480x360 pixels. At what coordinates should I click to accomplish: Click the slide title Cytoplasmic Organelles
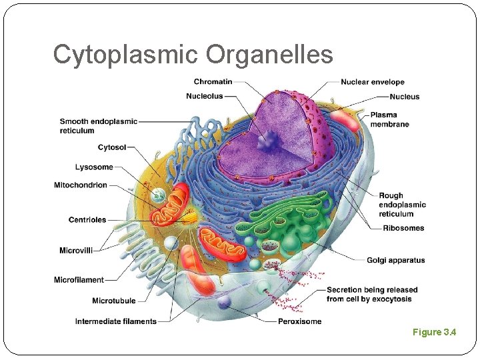pos(193,55)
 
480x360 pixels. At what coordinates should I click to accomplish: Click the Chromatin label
pos(213,82)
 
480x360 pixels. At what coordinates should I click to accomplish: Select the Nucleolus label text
pos(205,97)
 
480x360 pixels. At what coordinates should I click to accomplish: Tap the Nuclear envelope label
pos(373,82)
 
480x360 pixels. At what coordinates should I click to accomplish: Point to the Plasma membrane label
pos(390,119)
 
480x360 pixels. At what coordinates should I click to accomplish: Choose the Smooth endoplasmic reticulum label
pos(98,126)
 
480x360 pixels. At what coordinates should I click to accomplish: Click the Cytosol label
pos(112,147)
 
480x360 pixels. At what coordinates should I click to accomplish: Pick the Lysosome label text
pos(94,167)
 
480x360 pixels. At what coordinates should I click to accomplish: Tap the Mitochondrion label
pos(81,185)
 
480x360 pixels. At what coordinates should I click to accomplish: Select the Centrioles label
pos(87,220)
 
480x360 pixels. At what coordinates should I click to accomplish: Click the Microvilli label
pos(76,251)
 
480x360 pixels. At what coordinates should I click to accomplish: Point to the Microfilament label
pos(79,280)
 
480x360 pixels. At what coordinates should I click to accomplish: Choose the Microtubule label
pos(115,301)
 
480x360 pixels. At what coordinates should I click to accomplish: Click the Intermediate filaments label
pos(116,321)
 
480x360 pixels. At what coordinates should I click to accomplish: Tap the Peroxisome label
pos(299,321)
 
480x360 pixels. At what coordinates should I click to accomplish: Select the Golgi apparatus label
pos(395,260)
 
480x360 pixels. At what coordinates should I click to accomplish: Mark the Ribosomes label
pos(403,228)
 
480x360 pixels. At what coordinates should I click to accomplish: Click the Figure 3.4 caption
pos(434,332)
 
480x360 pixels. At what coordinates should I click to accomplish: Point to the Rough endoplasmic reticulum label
pos(402,205)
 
